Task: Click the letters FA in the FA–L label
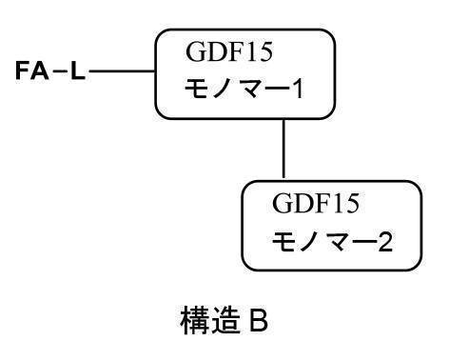[x=34, y=71]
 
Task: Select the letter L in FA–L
[x=76, y=71]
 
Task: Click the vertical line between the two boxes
[x=284, y=149]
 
